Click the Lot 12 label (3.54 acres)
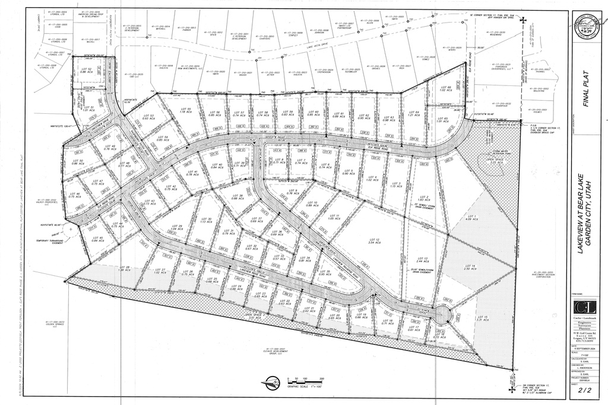[x=374, y=241]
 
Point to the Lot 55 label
[x=185, y=111]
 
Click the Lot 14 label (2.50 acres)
[x=470, y=267]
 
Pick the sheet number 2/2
[x=585, y=390]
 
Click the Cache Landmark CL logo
[x=585, y=308]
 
